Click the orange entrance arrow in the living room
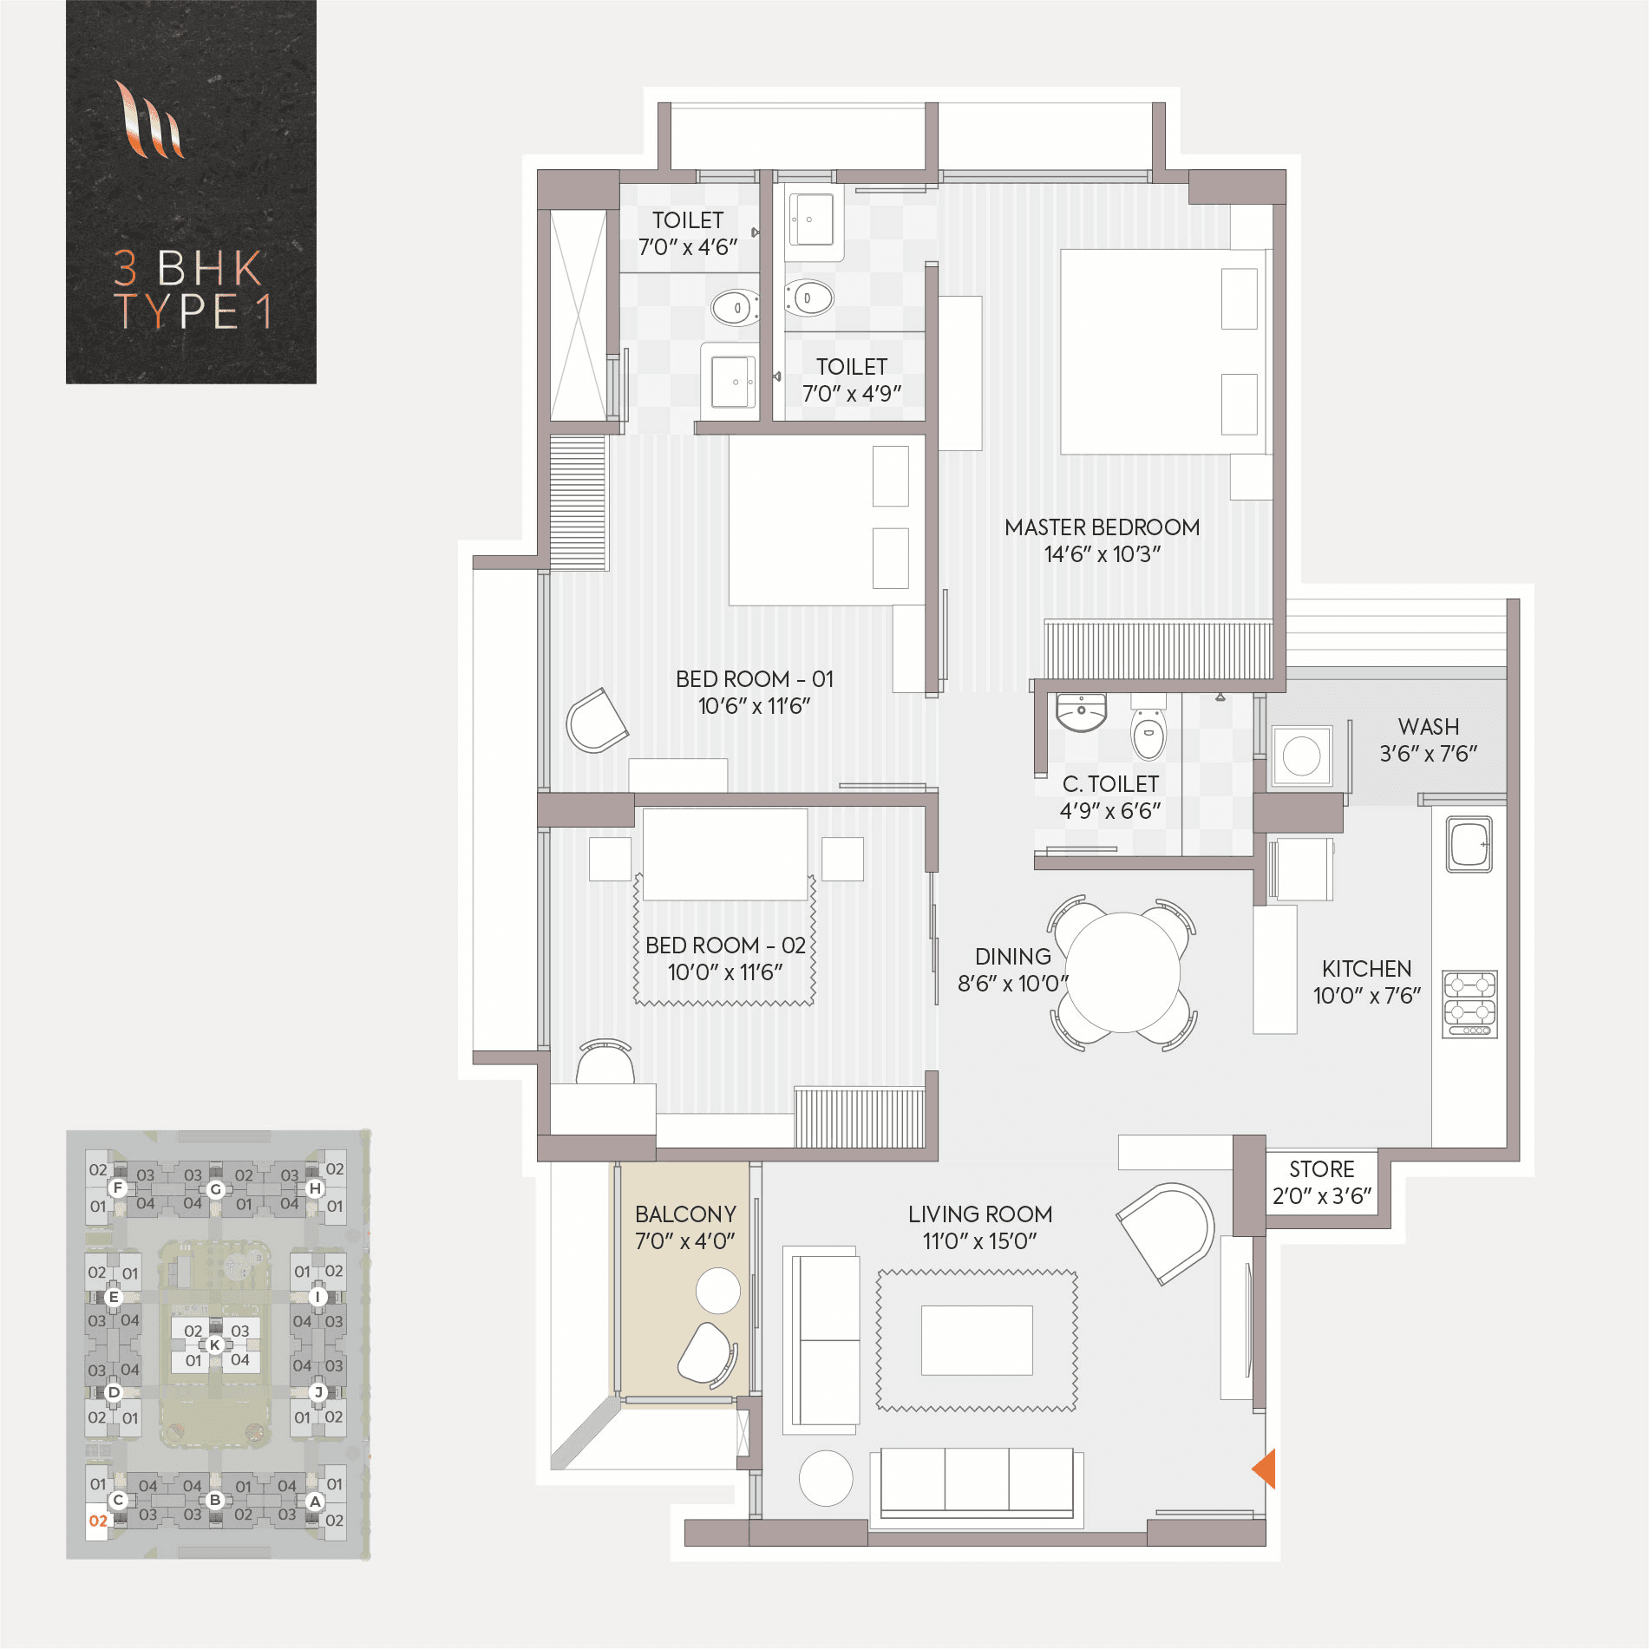click(1265, 1468)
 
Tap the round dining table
click(1122, 972)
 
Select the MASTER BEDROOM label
click(1102, 527)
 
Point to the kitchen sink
click(1469, 843)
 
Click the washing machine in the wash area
click(1301, 756)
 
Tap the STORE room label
click(1321, 1169)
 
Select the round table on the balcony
click(717, 1291)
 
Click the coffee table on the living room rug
click(977, 1340)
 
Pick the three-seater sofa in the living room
click(977, 1482)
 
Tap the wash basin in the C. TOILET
click(1081, 712)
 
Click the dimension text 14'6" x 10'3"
click(1102, 554)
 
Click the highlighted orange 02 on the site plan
click(98, 1521)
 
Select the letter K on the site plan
click(215, 1345)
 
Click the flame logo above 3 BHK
click(149, 121)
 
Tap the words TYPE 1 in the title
click(193, 311)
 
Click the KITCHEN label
click(1366, 969)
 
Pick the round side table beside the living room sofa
click(826, 1478)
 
